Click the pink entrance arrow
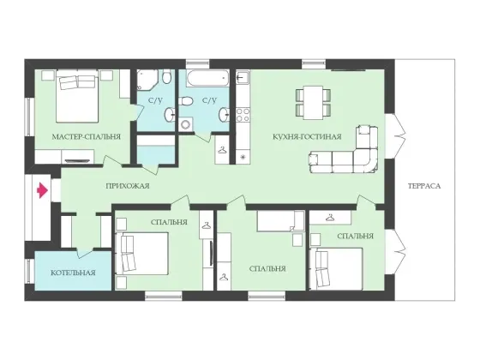[x=43, y=190]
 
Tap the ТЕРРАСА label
[x=424, y=186]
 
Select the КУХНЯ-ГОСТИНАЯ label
[x=307, y=136]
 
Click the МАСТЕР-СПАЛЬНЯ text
[x=87, y=136]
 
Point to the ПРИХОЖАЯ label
[x=128, y=186]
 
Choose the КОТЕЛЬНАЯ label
[x=73, y=273]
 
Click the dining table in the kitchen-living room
[x=313, y=102]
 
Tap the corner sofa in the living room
[x=344, y=149]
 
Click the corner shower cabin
[x=147, y=80]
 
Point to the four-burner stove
[x=243, y=115]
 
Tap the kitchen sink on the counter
[x=243, y=77]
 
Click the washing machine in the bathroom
[x=185, y=124]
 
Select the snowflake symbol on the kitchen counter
[x=243, y=158]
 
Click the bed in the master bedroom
[x=77, y=96]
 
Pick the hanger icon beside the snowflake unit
[x=223, y=150]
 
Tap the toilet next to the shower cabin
[x=167, y=76]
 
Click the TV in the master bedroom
[x=77, y=160]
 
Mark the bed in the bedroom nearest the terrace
[x=337, y=268]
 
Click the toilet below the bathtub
[x=186, y=101]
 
